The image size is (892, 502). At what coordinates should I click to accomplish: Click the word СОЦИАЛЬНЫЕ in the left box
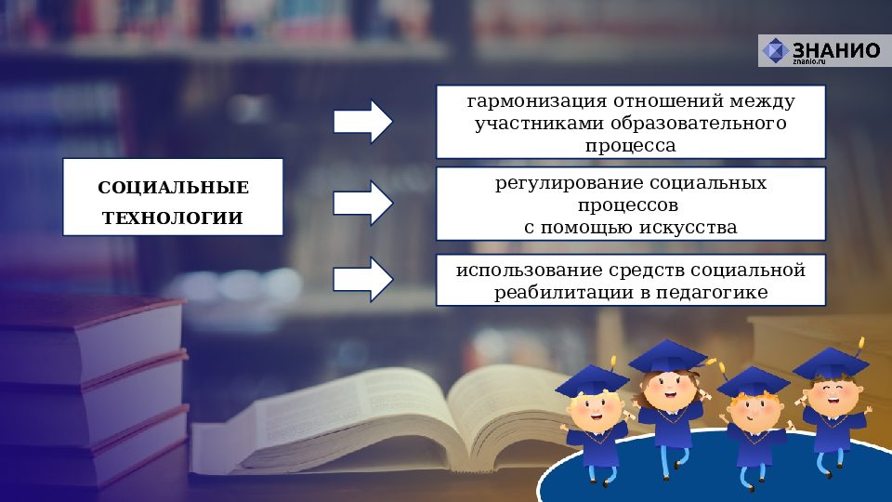point(173,188)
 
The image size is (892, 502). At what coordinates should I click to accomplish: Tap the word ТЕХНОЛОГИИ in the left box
point(173,218)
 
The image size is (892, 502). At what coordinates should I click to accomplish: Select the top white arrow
point(362,121)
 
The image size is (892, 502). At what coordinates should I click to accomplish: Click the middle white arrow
point(362,203)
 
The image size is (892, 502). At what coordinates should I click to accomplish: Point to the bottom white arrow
point(362,279)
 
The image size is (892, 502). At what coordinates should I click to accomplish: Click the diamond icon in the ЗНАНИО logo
point(774,51)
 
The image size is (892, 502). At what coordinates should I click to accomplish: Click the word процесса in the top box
point(630,146)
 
